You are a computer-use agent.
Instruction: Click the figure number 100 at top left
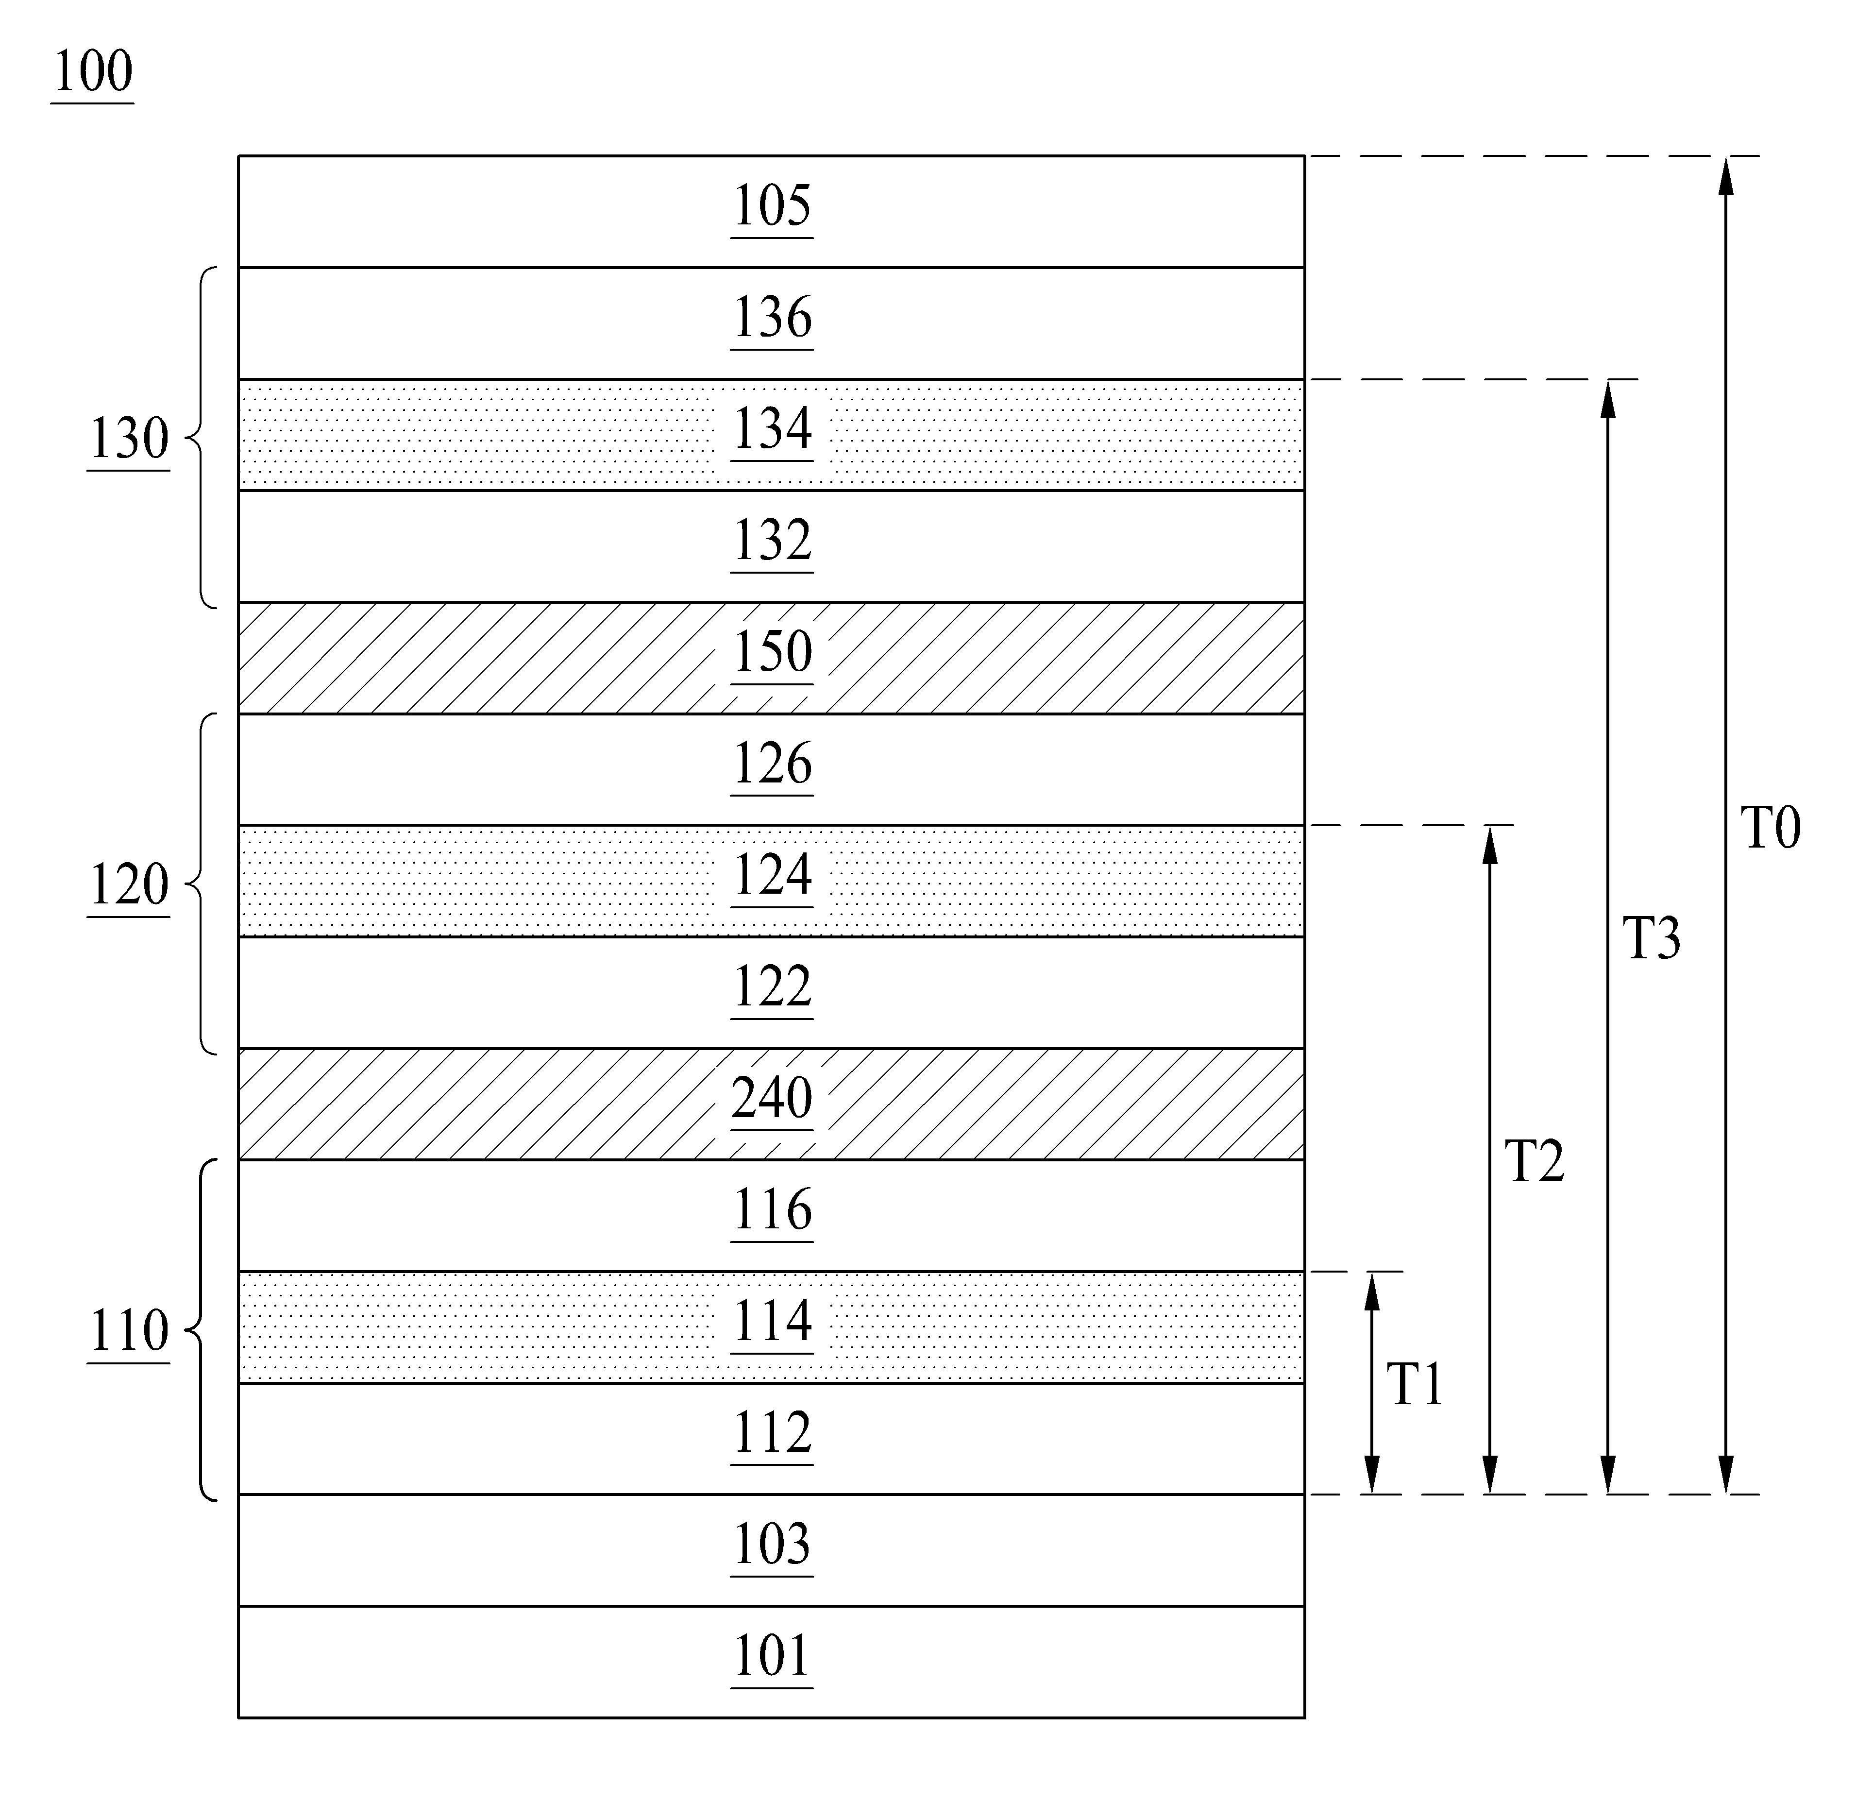[92, 72]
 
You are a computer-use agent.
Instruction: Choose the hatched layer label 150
[772, 652]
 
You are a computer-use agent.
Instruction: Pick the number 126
[772, 764]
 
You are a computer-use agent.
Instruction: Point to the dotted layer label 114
[772, 1322]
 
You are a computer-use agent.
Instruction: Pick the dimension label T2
[1534, 1162]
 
